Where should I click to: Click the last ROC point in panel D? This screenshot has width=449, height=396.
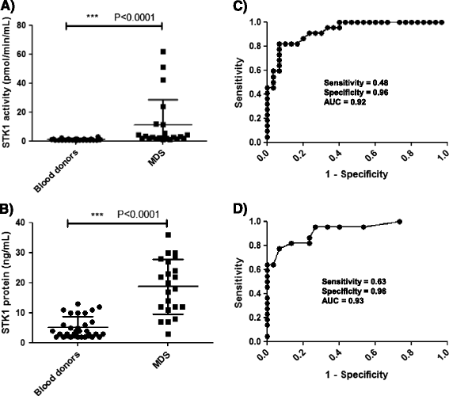click(x=399, y=221)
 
